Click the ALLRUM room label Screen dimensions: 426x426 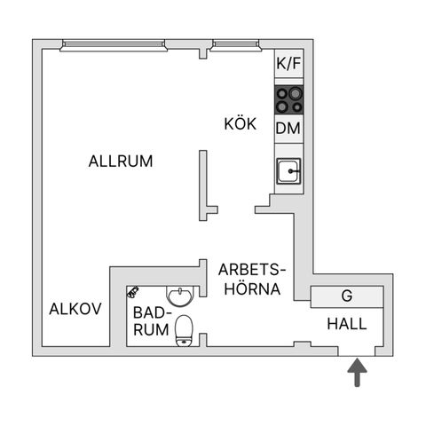121,162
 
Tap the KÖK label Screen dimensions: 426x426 241,123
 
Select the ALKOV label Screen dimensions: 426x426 75,309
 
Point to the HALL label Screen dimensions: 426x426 347,324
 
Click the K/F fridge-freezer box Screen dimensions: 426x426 288,64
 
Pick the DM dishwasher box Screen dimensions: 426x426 288,129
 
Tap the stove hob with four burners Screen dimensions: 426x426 289,99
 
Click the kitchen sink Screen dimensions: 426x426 288,170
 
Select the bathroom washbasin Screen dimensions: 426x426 180,296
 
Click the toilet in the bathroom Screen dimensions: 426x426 184,331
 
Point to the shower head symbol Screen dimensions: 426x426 132,291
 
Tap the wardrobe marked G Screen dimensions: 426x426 347,296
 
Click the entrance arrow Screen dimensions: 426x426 358,372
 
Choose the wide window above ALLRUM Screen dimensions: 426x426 114,45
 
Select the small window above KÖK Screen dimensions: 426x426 236,45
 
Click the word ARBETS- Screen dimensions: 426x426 252,270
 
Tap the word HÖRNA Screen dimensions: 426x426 252,289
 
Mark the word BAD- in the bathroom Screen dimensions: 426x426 153,312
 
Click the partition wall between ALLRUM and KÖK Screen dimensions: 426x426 203,185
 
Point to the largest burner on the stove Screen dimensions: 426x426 295,94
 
